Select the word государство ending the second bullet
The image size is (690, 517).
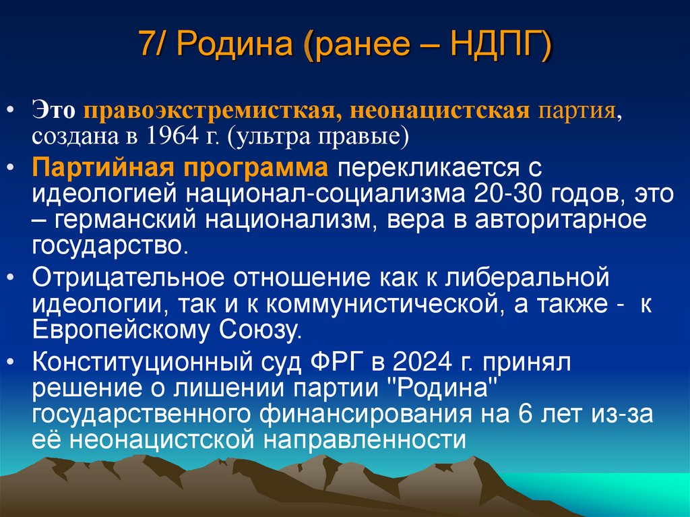click(106, 245)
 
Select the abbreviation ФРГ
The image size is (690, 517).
click(336, 363)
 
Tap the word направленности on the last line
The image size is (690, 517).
click(361, 439)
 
